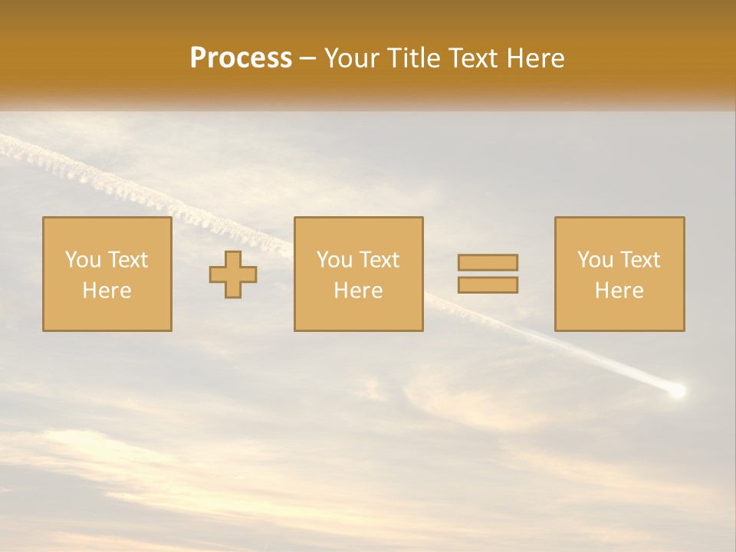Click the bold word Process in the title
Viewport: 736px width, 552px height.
(241, 58)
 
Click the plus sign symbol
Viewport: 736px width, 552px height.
(233, 274)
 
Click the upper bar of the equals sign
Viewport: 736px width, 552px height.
(488, 262)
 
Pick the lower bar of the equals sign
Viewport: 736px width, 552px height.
(488, 284)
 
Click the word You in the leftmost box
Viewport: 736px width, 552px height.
(83, 260)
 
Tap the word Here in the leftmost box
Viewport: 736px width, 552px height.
(107, 291)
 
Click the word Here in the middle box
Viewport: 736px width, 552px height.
(358, 291)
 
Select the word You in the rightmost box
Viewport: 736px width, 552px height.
(595, 260)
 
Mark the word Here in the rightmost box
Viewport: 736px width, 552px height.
(619, 291)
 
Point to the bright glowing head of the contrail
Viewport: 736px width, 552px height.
(676, 391)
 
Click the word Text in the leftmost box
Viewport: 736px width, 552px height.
(128, 260)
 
